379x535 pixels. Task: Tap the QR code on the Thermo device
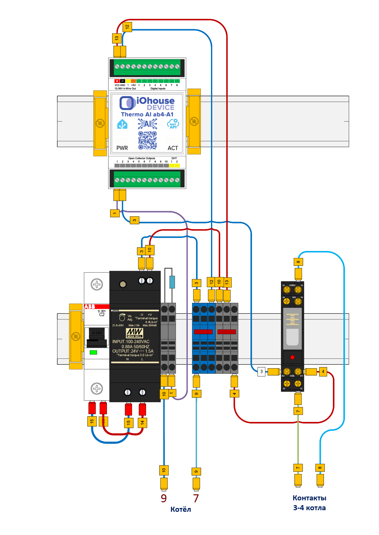pos(147,140)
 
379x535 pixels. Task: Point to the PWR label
pos(122,148)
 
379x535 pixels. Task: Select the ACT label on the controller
pos(173,148)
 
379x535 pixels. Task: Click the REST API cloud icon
pos(173,124)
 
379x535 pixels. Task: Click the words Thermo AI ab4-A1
pos(147,114)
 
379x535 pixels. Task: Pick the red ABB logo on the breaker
pos(90,307)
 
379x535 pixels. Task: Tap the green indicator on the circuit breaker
pos(93,352)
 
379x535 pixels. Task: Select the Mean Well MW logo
pos(135,333)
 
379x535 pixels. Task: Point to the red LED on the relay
pos(292,357)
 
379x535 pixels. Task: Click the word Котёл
pos(181,510)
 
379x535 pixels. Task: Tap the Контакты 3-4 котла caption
pos(309,503)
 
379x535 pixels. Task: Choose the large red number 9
pos(164,498)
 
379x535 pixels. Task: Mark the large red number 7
pos(196,498)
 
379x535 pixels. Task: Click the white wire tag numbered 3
pos(261,371)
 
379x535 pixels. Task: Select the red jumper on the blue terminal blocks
pos(203,332)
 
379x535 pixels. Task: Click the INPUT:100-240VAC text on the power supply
pos(131,342)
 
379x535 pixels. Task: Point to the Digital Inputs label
pos(158,89)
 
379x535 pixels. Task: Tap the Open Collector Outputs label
pos(142,158)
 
